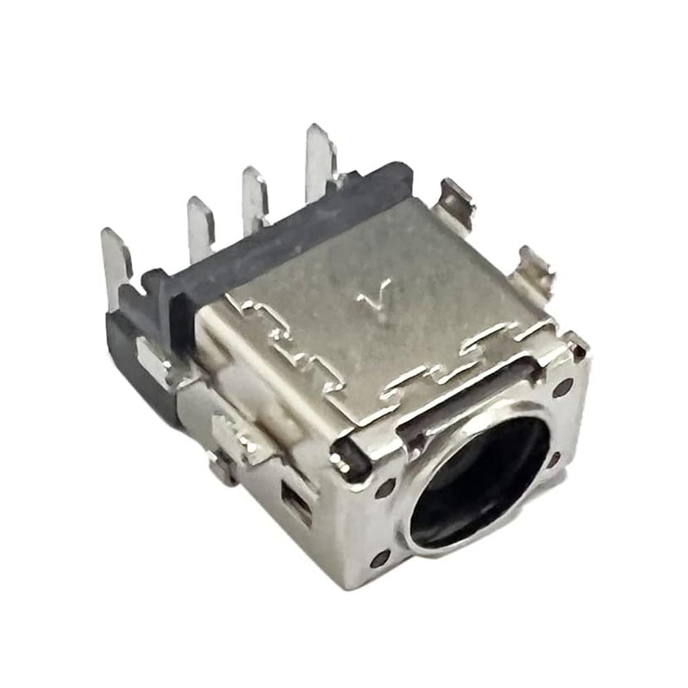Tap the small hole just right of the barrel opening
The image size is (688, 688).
coord(555,458)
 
